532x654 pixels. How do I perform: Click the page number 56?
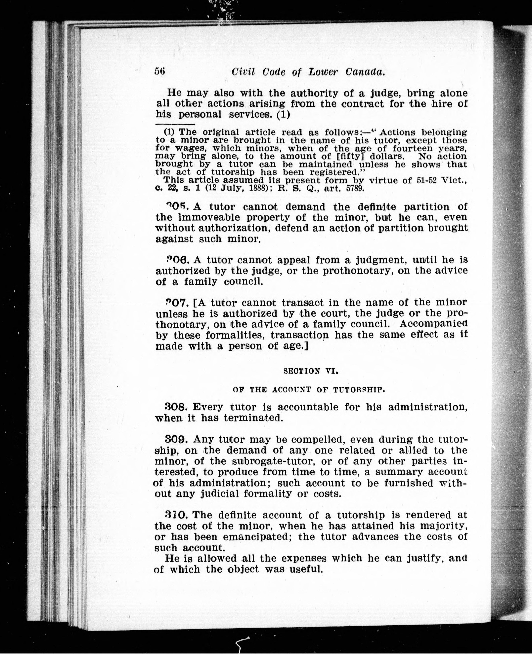(160, 71)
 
